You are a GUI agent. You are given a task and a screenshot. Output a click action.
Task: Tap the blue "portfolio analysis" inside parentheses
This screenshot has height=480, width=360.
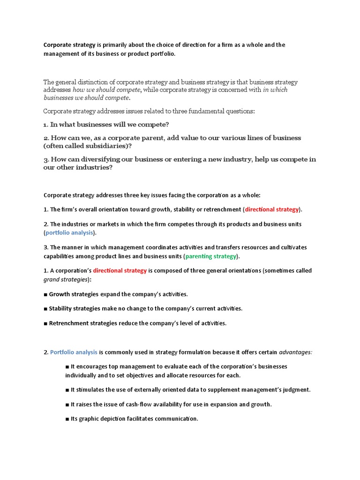click(69, 232)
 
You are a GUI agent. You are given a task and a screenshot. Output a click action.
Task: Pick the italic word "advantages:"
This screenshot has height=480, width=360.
click(295, 352)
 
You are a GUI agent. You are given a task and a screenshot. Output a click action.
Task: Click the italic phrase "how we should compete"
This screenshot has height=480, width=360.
click(106, 90)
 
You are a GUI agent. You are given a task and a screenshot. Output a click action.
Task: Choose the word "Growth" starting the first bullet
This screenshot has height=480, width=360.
click(60, 294)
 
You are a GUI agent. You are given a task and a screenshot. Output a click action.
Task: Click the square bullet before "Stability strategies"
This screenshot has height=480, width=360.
click(45, 308)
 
